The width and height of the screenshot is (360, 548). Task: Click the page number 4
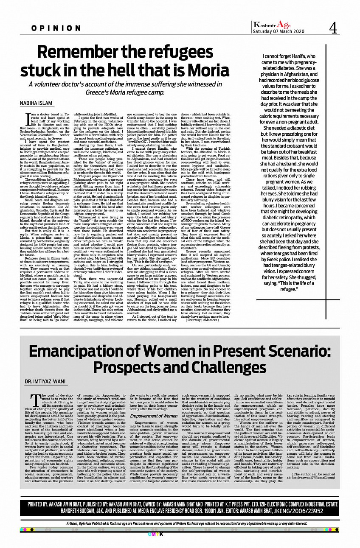tap(333, 28)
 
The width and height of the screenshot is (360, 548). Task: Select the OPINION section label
tap(56, 28)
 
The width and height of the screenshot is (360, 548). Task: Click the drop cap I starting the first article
tap(28, 118)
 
